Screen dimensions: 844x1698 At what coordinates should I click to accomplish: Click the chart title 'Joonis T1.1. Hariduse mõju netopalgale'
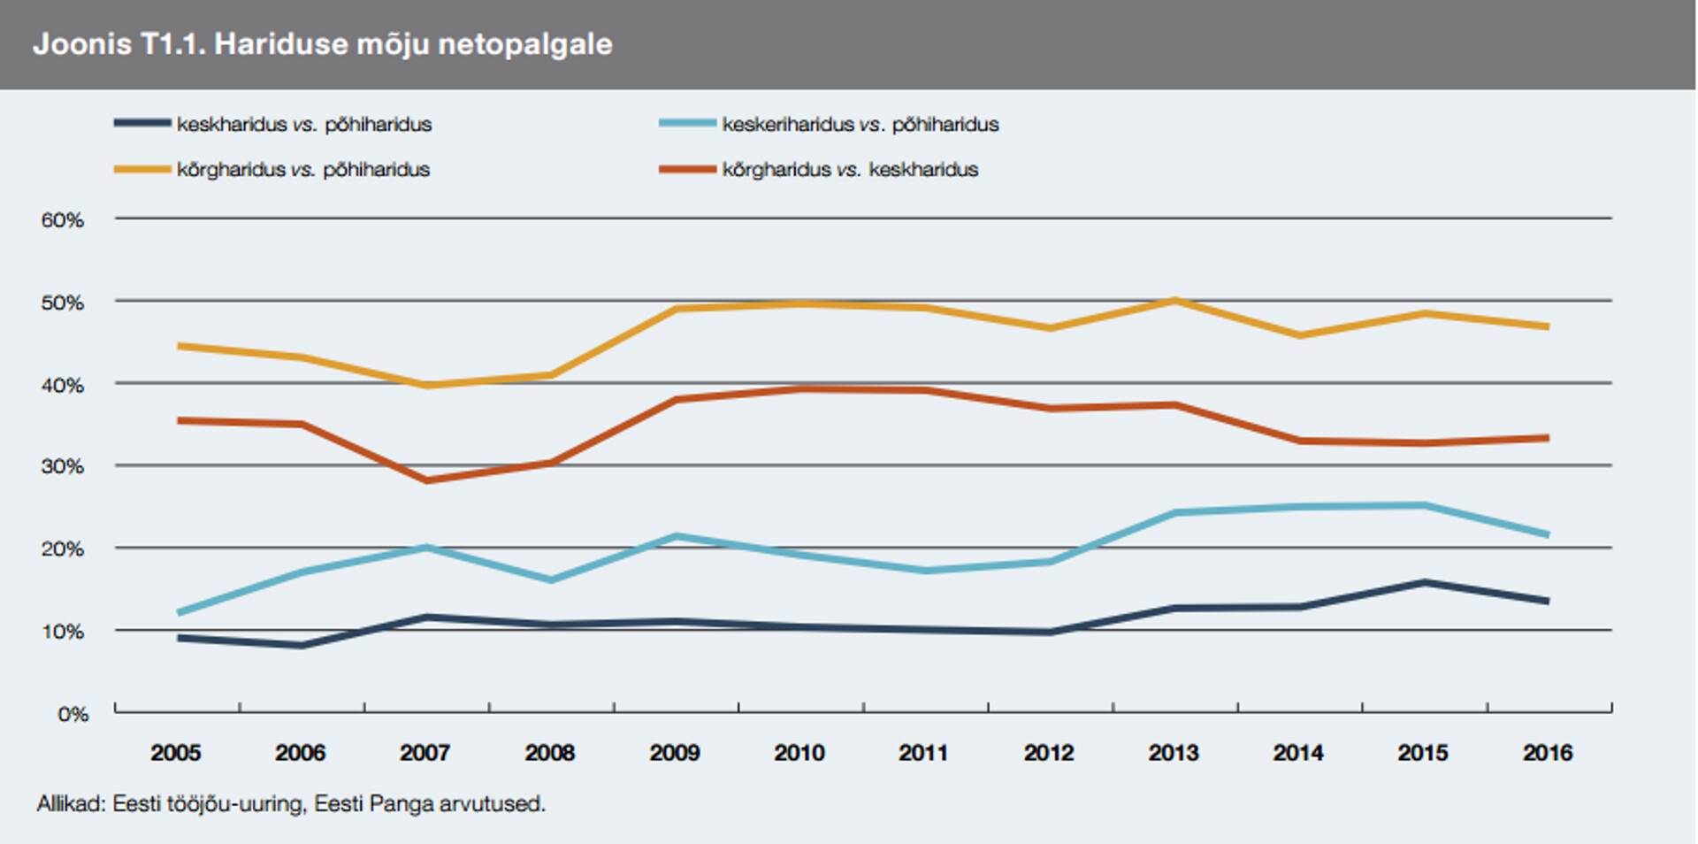(322, 44)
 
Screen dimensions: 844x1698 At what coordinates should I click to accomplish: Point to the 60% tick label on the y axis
(62, 220)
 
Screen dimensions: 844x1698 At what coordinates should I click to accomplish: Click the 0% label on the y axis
(73, 714)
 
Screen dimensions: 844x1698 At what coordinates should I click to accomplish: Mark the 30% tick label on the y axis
(62, 466)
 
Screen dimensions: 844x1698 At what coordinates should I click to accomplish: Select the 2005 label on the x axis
(175, 753)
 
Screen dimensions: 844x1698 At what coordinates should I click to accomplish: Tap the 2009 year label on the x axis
(674, 753)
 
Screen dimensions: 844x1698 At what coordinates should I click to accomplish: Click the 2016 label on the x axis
(1547, 753)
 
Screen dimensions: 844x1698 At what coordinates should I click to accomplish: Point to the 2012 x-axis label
(1048, 753)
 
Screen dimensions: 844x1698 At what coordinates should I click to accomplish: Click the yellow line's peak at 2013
(1174, 301)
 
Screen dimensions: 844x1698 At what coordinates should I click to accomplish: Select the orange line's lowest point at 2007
(426, 480)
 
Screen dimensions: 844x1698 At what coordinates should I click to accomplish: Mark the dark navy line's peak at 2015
(1424, 582)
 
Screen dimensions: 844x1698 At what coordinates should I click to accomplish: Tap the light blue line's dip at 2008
(551, 580)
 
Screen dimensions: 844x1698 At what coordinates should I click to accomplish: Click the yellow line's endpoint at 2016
(1547, 326)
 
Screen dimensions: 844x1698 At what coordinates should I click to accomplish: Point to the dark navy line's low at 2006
(302, 646)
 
